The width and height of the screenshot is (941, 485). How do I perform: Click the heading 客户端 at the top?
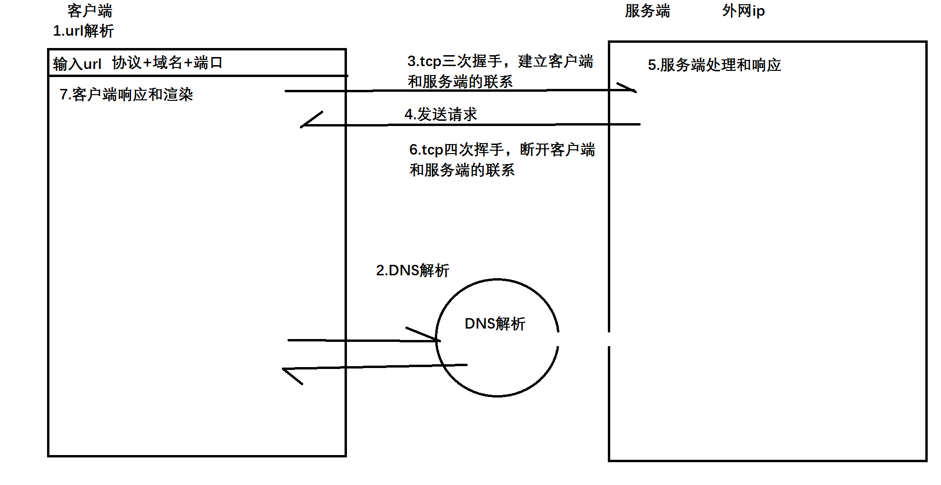pyautogui.click(x=90, y=10)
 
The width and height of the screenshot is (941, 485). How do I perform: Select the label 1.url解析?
pyautogui.click(x=83, y=31)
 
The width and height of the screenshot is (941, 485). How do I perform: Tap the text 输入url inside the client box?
pyautogui.click(x=77, y=63)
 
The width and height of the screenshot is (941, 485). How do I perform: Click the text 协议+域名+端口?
pyautogui.click(x=167, y=62)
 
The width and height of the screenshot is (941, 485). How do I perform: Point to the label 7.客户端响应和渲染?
pyautogui.click(x=126, y=94)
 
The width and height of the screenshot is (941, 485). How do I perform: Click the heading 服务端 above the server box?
pyautogui.click(x=647, y=10)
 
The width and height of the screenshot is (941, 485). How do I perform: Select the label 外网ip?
pyautogui.click(x=743, y=10)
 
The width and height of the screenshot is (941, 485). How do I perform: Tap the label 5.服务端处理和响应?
pyautogui.click(x=714, y=65)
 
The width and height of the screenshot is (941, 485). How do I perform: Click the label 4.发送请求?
pyautogui.click(x=441, y=114)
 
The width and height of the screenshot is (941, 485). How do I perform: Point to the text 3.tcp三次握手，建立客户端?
pyautogui.click(x=500, y=61)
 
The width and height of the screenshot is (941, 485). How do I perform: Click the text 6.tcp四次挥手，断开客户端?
pyautogui.click(x=502, y=149)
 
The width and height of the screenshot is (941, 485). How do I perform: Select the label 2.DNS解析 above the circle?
pyautogui.click(x=412, y=270)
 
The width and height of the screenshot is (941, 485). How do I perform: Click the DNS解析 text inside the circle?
pyautogui.click(x=495, y=323)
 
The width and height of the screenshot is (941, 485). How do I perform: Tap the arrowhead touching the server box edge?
pyautogui.click(x=627, y=88)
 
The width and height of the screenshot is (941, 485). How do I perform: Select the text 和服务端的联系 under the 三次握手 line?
pyautogui.click(x=460, y=81)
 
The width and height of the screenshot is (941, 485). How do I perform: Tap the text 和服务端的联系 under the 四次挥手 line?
pyautogui.click(x=462, y=170)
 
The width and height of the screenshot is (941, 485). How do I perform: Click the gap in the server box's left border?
pyautogui.click(x=609, y=339)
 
